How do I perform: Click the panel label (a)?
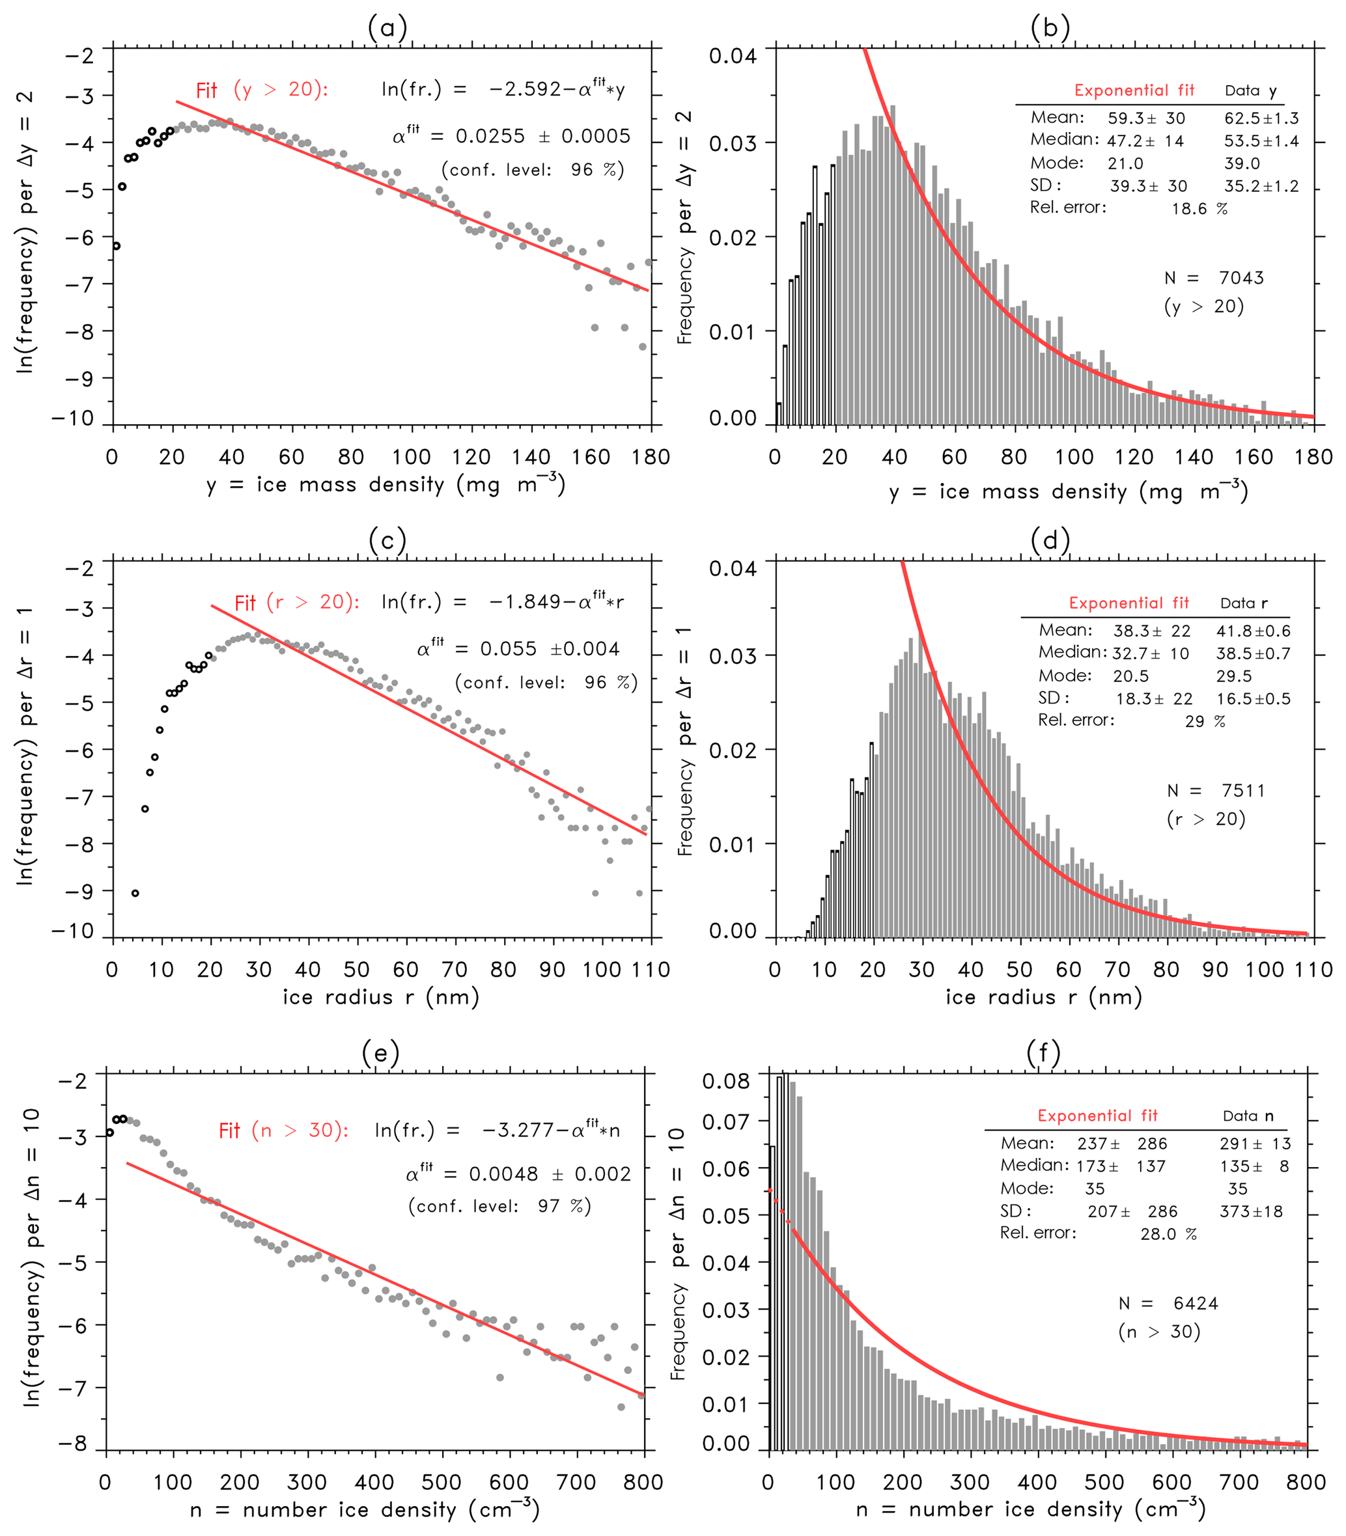[x=387, y=29]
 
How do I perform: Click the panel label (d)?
[x=1050, y=540]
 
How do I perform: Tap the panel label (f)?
[x=1043, y=1053]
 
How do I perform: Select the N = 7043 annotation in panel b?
[x=1214, y=279]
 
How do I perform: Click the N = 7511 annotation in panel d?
[x=1216, y=791]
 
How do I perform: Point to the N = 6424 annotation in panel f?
[x=1168, y=1303]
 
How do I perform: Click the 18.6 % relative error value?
[x=1199, y=209]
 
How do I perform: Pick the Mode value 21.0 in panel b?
[x=1125, y=163]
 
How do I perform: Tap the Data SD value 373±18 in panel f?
[x=1251, y=1211]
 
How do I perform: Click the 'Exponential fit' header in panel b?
[x=1134, y=91]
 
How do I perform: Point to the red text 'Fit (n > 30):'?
[x=283, y=1131]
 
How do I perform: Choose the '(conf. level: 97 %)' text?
[x=499, y=1205]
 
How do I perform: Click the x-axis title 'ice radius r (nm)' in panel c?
[x=381, y=997]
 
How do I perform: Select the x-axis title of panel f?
[x=1031, y=1509]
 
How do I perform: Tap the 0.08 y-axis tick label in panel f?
[x=725, y=1081]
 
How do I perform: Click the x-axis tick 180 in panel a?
[x=651, y=457]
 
